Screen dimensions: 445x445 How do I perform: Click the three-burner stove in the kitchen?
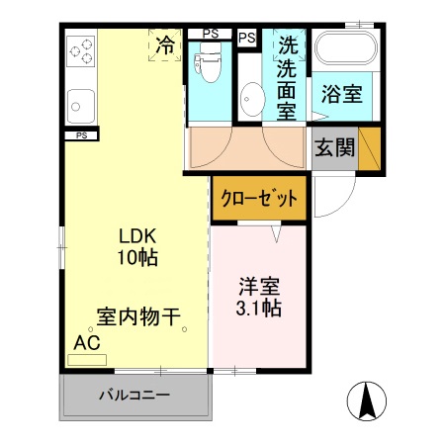pos(80,50)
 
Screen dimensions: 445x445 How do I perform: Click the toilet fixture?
pos(208,67)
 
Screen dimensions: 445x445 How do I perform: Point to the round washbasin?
pos(251,99)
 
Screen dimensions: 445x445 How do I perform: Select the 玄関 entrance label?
pos(334,148)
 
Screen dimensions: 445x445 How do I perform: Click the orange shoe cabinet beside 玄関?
pos(370,148)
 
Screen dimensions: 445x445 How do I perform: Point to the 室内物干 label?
pos(138,317)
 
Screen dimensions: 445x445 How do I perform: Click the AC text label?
pos(86,343)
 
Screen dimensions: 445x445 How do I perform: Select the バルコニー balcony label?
pos(133,396)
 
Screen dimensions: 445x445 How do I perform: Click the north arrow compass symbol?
pos(366,400)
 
